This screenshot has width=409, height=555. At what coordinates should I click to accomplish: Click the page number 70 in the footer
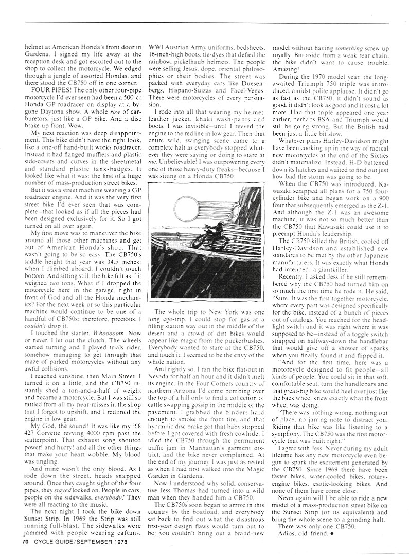coord(24,541)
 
